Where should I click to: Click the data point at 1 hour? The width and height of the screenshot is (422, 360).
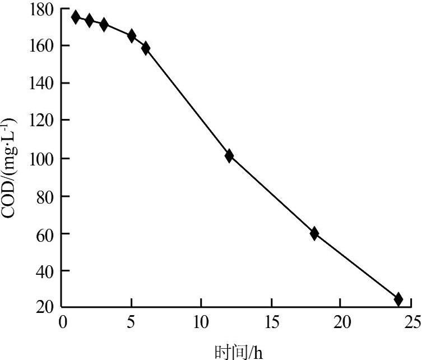click(x=76, y=17)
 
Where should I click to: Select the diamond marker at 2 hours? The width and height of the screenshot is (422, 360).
click(x=89, y=21)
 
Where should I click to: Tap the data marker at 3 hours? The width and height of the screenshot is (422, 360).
click(x=104, y=24)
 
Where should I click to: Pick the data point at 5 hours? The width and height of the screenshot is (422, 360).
click(x=132, y=36)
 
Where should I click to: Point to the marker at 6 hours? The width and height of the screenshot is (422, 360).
click(x=146, y=48)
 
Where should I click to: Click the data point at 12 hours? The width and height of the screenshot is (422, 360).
click(x=229, y=156)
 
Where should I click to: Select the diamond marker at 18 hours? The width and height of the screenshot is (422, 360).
click(x=314, y=234)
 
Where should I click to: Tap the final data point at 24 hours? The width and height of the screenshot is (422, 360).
click(x=398, y=299)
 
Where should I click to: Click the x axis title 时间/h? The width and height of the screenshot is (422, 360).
click(x=238, y=352)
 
